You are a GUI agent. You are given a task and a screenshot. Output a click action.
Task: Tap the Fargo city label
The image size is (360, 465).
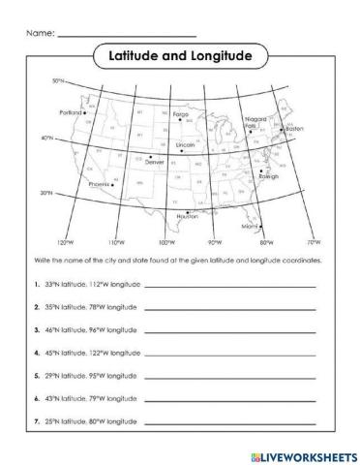180,113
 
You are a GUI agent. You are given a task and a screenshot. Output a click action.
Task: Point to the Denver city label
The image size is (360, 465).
155,162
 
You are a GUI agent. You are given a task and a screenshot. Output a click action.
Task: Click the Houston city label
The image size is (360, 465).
187,216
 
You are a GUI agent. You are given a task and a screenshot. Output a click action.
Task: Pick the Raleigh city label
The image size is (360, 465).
268,177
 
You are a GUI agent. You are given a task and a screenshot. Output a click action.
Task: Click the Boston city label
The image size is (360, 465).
294,129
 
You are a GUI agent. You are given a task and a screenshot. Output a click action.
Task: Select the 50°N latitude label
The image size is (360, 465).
57,80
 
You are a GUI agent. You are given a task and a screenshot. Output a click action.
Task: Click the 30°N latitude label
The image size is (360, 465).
45,193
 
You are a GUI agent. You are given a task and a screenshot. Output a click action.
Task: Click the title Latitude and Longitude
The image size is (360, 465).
180,56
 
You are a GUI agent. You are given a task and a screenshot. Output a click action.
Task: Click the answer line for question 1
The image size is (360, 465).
230,287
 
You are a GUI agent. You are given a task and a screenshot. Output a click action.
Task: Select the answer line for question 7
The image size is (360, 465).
230,422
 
